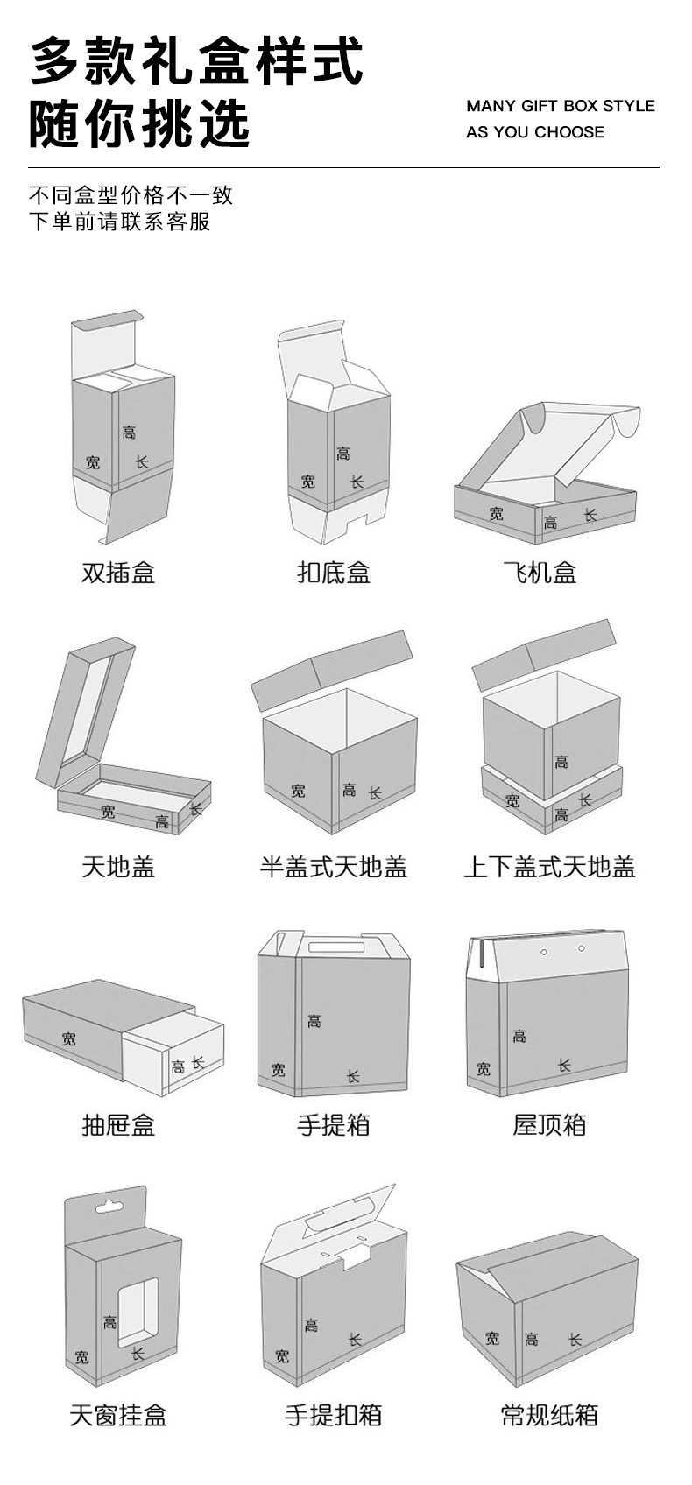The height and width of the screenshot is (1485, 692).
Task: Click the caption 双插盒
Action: tap(118, 573)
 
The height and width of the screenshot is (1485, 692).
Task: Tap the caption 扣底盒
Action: tap(334, 573)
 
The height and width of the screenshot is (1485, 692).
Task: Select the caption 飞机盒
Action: tap(540, 573)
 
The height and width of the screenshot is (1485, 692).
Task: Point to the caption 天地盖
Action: tap(118, 867)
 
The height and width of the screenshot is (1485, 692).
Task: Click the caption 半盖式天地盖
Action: tap(334, 867)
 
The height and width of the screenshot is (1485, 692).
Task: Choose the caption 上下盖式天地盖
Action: tap(549, 867)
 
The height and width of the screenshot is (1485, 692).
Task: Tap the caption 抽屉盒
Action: tap(118, 1124)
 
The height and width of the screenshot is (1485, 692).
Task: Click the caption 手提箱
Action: tap(334, 1124)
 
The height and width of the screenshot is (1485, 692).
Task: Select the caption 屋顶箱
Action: tap(549, 1124)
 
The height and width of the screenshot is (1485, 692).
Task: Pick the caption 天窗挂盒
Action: tap(118, 1415)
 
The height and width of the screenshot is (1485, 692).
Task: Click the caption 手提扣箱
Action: tap(334, 1415)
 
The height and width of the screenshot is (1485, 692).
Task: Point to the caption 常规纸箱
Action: tap(549, 1415)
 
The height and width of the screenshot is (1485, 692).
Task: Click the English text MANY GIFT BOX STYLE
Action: tap(561, 106)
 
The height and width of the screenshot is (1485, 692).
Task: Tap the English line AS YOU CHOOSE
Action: tap(535, 132)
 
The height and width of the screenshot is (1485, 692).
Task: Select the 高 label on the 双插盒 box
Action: tap(129, 432)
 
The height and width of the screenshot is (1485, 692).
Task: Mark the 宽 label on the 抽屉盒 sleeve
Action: tap(69, 1038)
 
